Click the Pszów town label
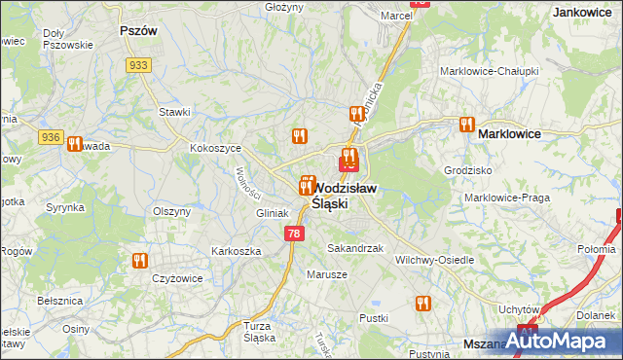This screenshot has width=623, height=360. (x=137, y=31)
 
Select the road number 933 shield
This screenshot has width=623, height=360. (x=138, y=64)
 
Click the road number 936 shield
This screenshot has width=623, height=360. (x=52, y=138)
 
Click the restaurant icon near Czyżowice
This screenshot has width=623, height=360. (x=139, y=260)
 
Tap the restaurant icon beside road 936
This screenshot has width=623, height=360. (x=74, y=144)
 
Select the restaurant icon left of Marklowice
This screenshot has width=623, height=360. (x=465, y=126)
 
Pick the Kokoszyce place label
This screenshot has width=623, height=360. (x=215, y=148)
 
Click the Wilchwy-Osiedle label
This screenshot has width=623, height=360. (x=435, y=260)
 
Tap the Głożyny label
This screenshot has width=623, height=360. (x=284, y=7)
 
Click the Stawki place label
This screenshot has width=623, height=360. (x=174, y=112)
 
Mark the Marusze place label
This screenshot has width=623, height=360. (x=328, y=274)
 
